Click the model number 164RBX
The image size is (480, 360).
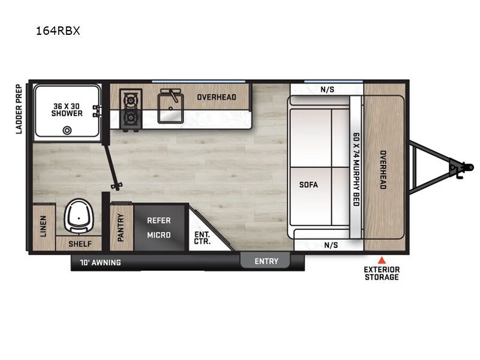click(58, 31)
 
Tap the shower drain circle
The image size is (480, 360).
click(67, 130)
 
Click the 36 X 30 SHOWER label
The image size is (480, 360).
click(67, 110)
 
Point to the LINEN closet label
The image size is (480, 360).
click(43, 226)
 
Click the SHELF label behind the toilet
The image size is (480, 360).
click(80, 244)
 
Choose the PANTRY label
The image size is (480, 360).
click(121, 227)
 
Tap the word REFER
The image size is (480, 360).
click(159, 220)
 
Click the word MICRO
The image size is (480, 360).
click(159, 235)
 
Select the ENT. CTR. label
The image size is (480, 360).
click(202, 238)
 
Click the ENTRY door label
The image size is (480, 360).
click(266, 261)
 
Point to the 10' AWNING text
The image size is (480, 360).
click(100, 263)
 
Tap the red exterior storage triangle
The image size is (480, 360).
click(382, 260)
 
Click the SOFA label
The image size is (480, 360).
click(308, 185)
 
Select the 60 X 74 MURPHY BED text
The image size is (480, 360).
click(356, 169)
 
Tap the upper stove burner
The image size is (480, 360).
click(131, 100)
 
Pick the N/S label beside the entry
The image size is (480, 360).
click(331, 245)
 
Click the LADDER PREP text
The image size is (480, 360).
click(19, 109)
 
